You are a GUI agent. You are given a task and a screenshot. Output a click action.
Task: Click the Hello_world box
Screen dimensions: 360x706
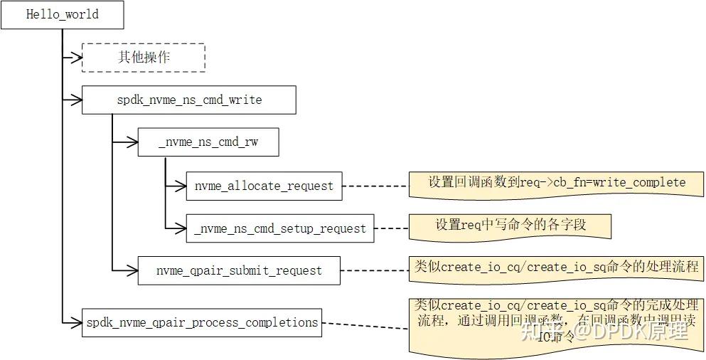pyautogui.click(x=62, y=15)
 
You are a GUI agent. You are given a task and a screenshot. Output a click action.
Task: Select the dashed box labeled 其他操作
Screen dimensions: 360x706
pyautogui.click(x=144, y=58)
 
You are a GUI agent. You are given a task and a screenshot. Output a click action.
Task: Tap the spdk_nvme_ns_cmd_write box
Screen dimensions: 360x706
pyautogui.click(x=188, y=100)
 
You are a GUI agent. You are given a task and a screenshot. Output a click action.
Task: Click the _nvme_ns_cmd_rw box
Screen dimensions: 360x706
pyautogui.click(x=208, y=142)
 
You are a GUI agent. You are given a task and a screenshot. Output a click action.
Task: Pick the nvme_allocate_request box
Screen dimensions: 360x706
pyautogui.click(x=264, y=186)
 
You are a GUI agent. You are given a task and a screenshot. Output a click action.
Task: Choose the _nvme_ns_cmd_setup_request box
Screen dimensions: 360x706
pyautogui.click(x=279, y=228)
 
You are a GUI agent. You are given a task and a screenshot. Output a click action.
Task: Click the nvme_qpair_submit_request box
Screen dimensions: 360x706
pyautogui.click(x=239, y=270)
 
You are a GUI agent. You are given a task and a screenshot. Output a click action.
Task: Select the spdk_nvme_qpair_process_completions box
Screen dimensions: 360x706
pyautogui.click(x=201, y=322)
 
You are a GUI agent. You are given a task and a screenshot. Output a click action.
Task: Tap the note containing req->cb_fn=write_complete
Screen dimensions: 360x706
pyautogui.click(x=556, y=183)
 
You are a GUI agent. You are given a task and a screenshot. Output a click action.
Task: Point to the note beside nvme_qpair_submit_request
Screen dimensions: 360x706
pyautogui.click(x=556, y=268)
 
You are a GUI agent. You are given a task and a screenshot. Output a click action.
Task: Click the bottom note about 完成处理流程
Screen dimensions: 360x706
pyautogui.click(x=556, y=323)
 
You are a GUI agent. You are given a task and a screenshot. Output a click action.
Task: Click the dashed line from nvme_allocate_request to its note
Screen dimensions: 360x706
pyautogui.click(x=375, y=186)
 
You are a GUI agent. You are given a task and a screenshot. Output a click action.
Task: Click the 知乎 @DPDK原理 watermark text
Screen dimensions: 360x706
pyautogui.click(x=604, y=331)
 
